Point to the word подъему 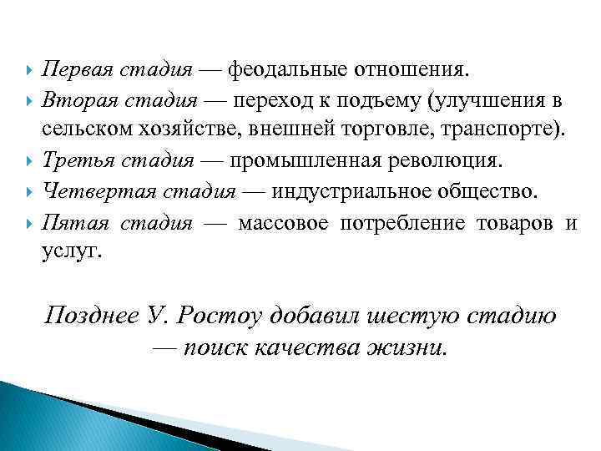(x=376, y=101)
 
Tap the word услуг (x=70, y=252)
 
